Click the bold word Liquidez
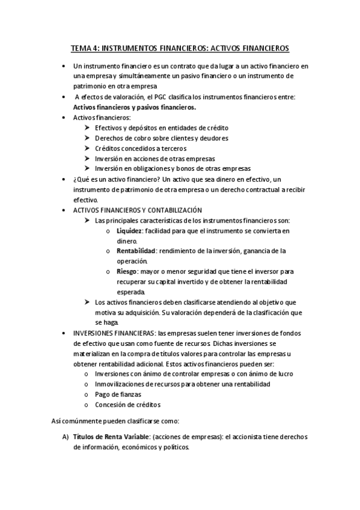pos(129,230)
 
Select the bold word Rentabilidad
pos(136,251)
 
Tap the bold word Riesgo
pos(127,271)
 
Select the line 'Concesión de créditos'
pos(127,405)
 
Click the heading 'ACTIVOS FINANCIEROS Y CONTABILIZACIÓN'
pos(137,210)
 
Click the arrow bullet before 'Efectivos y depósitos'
pos(88,127)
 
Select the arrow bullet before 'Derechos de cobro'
pos(88,138)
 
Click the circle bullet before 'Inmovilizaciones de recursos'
pos(88,384)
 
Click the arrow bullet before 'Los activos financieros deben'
pos(88,302)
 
